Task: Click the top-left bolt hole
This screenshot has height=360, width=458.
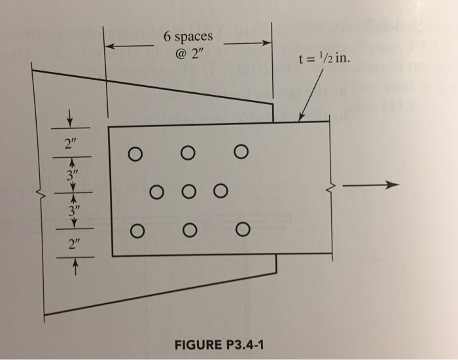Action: tap(135, 154)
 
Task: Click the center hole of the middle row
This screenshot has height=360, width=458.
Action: tap(188, 192)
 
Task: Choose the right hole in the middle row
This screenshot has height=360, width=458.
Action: tap(220, 191)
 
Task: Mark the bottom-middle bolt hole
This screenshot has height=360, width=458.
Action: tap(188, 230)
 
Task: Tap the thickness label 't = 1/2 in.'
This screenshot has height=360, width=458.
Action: tap(323, 58)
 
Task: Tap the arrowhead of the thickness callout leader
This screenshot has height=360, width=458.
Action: tap(302, 118)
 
